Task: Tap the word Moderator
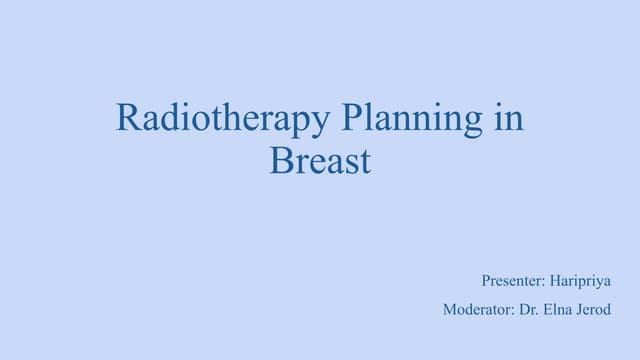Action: pos(477,310)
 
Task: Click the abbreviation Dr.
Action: pos(529,310)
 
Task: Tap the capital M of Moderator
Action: pos(449,310)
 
